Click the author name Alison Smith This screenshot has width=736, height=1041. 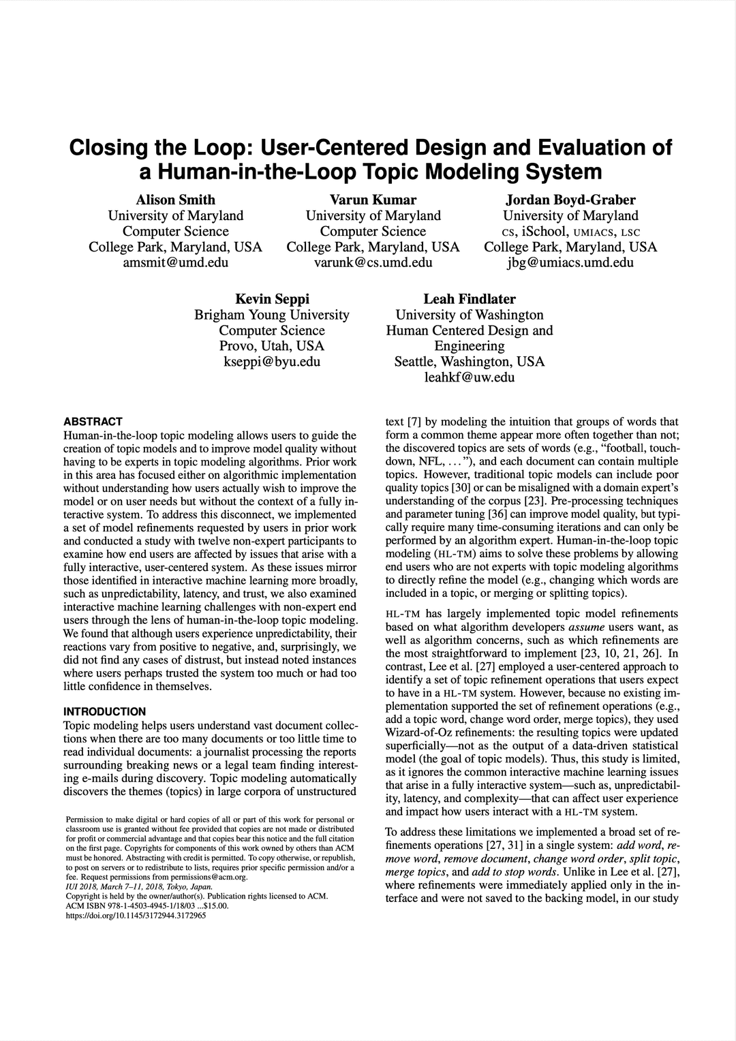pyautogui.click(x=175, y=200)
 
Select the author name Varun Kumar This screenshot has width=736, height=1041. pyautogui.click(x=373, y=200)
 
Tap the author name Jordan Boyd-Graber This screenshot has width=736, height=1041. pyautogui.click(x=570, y=200)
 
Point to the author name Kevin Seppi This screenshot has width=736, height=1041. pyautogui.click(x=272, y=299)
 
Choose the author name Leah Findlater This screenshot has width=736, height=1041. pyautogui.click(x=470, y=299)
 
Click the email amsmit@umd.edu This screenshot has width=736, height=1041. pyautogui.click(x=175, y=262)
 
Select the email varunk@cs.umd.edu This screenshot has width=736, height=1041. pyautogui.click(x=373, y=262)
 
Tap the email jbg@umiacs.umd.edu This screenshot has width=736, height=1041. pyautogui.click(x=570, y=262)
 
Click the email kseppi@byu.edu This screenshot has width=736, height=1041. pyautogui.click(x=272, y=362)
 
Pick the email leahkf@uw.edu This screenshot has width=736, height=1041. pyautogui.click(x=470, y=377)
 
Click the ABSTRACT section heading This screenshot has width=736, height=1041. pyautogui.click(x=93, y=422)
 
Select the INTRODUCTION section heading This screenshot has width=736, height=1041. pyautogui.click(x=104, y=712)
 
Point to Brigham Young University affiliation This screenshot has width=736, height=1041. pyautogui.click(x=272, y=315)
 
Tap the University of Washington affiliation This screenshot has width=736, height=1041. pyautogui.click(x=470, y=315)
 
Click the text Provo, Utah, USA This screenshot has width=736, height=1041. pyautogui.click(x=272, y=346)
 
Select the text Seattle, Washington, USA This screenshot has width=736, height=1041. pyautogui.click(x=470, y=362)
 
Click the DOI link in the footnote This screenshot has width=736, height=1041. pyautogui.click(x=136, y=916)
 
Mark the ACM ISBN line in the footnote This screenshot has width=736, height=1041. pyautogui.click(x=147, y=906)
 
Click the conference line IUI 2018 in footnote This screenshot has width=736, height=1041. pyautogui.click(x=138, y=887)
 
